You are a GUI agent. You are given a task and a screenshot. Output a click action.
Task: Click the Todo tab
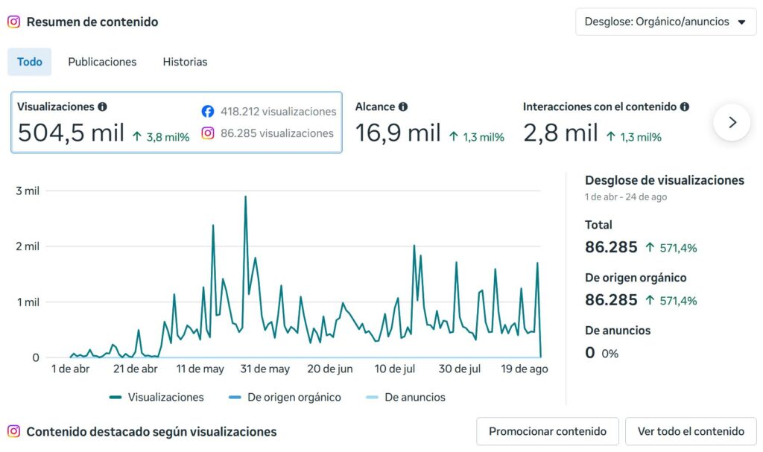click(x=29, y=62)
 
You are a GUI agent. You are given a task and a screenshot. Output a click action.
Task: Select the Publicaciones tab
click(x=102, y=62)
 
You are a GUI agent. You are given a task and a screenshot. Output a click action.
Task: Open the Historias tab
click(x=185, y=62)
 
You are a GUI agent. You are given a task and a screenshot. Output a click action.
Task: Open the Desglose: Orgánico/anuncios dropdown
click(x=665, y=22)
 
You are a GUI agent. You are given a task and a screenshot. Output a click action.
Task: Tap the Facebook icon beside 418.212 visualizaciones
click(x=208, y=112)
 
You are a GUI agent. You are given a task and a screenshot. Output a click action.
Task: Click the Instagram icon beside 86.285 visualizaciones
click(x=208, y=133)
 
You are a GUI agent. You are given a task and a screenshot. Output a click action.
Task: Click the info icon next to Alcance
click(x=403, y=106)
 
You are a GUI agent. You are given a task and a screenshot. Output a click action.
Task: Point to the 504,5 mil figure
click(x=71, y=133)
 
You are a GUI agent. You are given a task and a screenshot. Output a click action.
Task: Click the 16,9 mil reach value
click(x=398, y=133)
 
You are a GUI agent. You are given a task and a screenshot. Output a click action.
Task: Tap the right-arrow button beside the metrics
click(x=732, y=123)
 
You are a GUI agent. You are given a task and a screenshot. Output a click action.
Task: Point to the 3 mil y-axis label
click(x=28, y=191)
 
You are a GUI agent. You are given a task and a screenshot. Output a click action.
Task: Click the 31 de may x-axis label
click(x=265, y=369)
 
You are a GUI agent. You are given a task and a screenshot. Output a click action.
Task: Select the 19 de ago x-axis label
click(x=525, y=369)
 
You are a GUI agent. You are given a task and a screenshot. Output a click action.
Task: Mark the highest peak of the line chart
click(x=245, y=196)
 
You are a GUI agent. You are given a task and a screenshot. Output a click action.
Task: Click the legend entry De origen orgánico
click(x=285, y=397)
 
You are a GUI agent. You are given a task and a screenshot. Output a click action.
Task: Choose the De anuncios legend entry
click(x=405, y=397)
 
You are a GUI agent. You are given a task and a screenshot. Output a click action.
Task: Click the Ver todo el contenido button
click(x=691, y=431)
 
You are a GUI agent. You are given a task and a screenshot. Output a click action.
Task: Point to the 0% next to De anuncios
click(x=610, y=354)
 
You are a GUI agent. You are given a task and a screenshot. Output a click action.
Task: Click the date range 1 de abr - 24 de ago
click(x=626, y=197)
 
